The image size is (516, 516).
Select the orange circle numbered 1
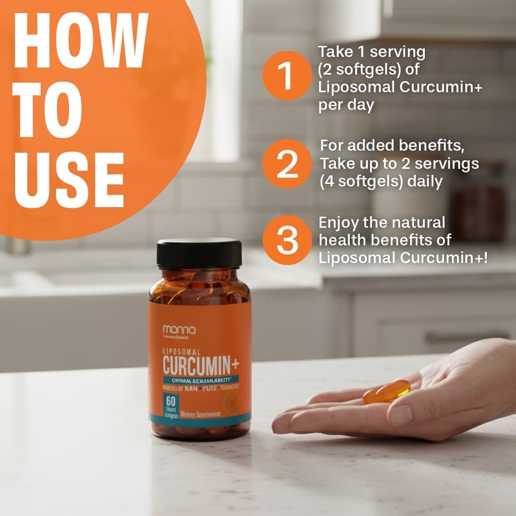point(286,76)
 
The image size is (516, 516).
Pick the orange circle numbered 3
point(287,240)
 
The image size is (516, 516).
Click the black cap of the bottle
point(199,253)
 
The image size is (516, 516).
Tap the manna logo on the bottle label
point(179,330)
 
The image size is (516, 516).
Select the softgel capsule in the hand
point(386,392)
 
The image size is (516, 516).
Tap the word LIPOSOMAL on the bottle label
point(181,351)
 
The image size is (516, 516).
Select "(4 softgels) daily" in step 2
point(381,181)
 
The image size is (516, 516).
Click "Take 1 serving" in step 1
point(372,52)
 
